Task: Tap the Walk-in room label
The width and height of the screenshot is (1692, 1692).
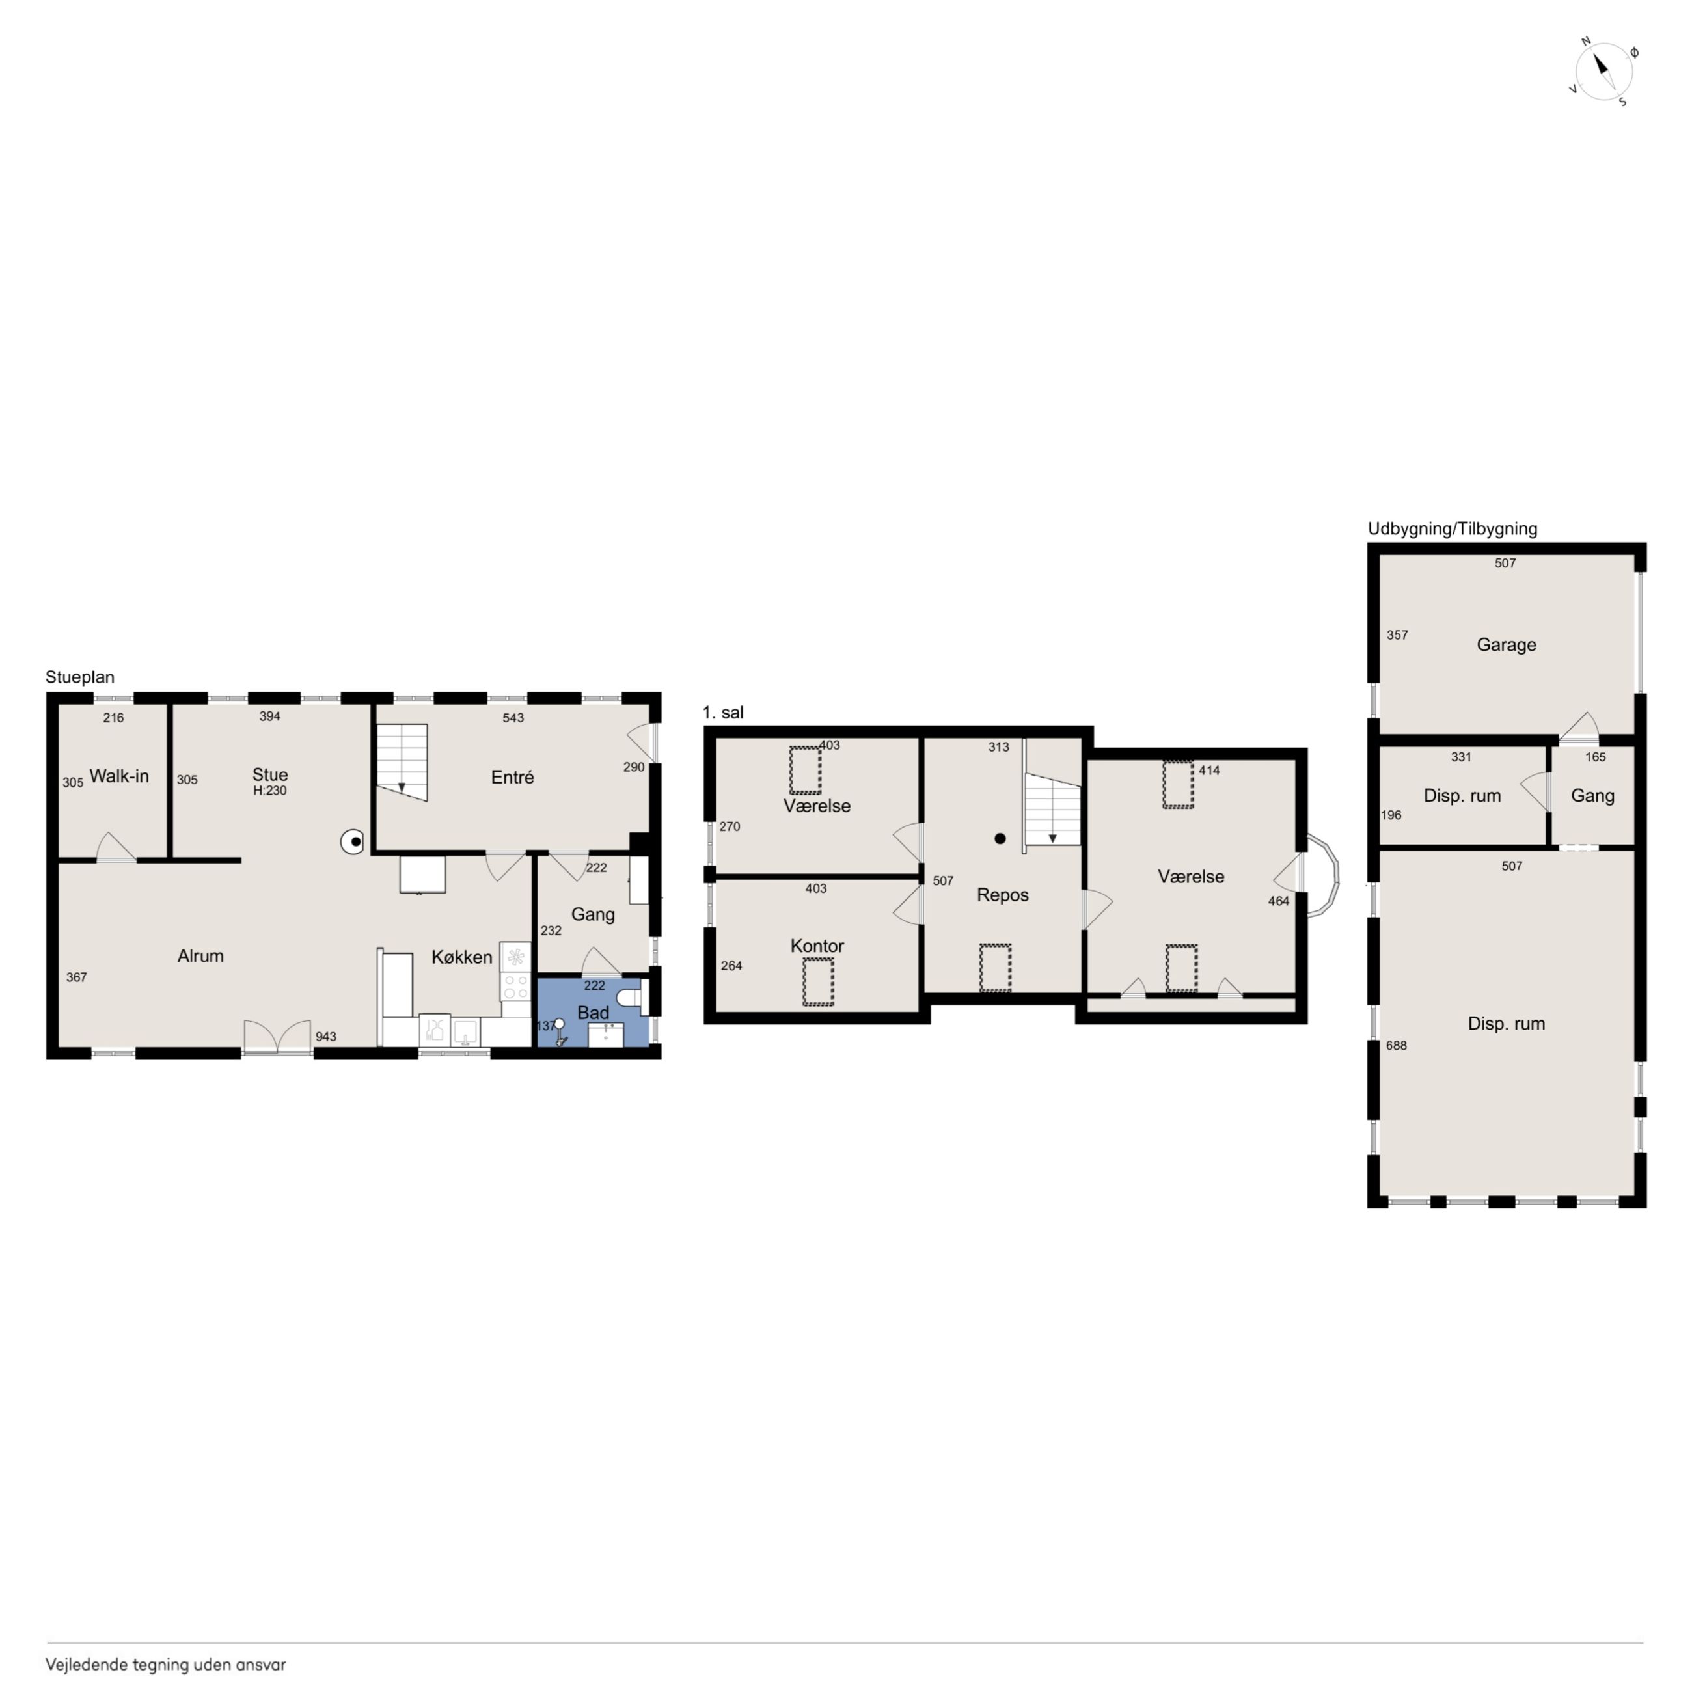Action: (119, 776)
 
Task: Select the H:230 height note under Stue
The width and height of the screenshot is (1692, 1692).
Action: (269, 790)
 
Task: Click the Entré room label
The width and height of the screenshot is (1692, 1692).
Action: (512, 777)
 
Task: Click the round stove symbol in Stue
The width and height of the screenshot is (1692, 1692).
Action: (353, 843)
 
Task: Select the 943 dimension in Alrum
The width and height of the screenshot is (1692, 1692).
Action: (326, 1036)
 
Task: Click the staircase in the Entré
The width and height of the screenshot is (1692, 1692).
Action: (402, 762)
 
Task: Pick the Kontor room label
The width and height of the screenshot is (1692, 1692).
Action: (817, 946)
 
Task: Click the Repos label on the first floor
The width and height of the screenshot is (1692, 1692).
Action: (1003, 895)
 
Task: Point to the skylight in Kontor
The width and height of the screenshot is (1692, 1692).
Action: (818, 982)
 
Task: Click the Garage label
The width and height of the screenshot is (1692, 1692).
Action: (1507, 644)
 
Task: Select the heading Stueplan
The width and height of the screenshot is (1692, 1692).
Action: (79, 677)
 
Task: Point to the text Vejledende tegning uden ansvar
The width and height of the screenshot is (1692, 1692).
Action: (165, 1665)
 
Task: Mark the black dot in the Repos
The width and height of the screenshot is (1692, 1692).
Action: (1000, 838)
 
